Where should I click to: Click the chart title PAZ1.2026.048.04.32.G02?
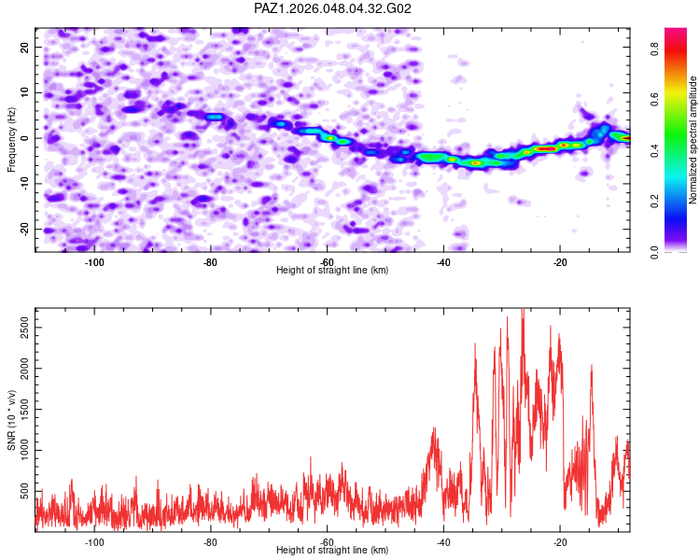(x=333, y=8)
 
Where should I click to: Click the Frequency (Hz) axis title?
(x=11, y=138)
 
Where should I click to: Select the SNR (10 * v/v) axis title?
(x=11, y=420)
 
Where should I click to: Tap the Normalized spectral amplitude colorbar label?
(x=693, y=140)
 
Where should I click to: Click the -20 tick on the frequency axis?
(x=25, y=230)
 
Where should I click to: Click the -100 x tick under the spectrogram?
(x=94, y=260)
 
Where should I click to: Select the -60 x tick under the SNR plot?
(x=327, y=541)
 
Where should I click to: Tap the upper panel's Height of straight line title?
(x=332, y=270)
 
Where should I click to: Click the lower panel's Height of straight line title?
(x=332, y=551)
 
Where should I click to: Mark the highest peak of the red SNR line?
(x=523, y=309)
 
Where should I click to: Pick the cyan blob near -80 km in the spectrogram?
(x=215, y=118)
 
